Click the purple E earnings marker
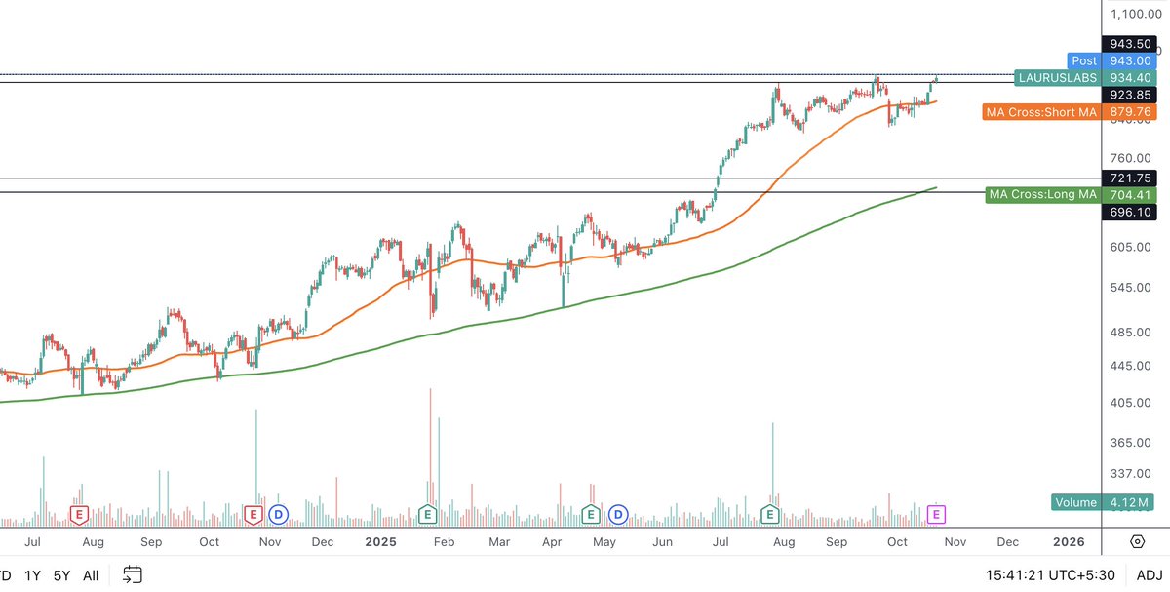[937, 513]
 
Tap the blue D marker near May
[618, 513]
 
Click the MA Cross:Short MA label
[1040, 112]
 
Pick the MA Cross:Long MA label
[1042, 194]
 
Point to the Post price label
[1083, 60]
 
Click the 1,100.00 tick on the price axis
[1133, 14]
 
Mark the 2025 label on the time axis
[381, 541]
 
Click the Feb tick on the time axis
[444, 541]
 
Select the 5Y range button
[62, 575]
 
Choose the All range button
[91, 575]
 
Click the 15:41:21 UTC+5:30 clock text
[1041, 575]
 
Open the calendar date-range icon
[133, 575]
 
